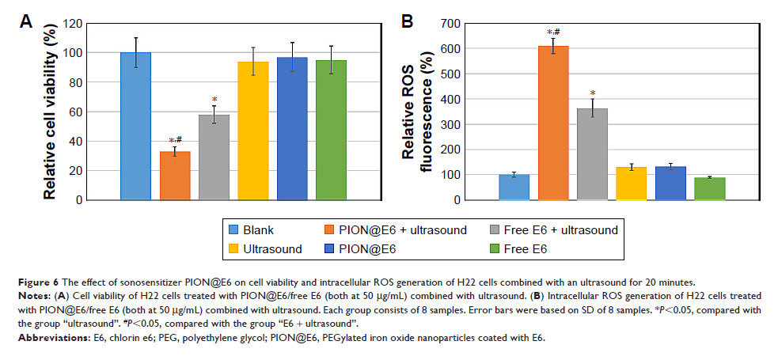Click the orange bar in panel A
coord(175,176)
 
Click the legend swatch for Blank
coord(233,230)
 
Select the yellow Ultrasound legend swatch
coord(233,248)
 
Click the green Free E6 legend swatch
coord(494,248)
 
